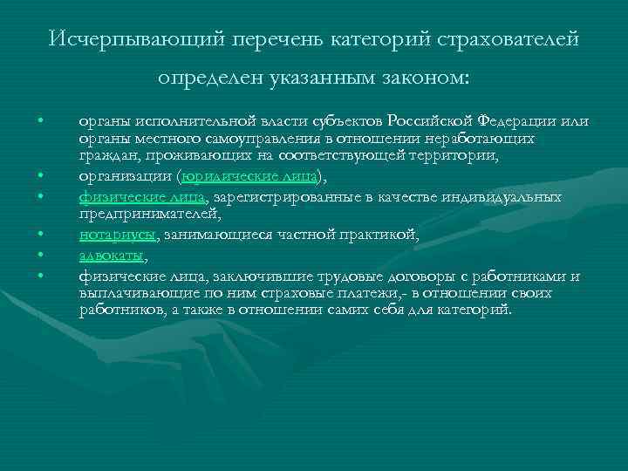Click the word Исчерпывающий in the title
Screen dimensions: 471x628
(x=122, y=39)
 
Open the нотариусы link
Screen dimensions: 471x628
(x=118, y=235)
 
